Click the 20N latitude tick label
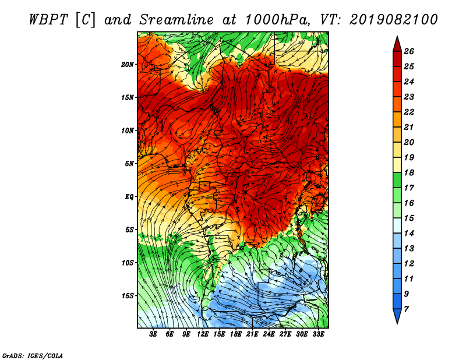coord(128,65)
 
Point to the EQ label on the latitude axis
coord(129,197)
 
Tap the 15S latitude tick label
coord(128,296)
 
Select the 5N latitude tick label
coord(129,164)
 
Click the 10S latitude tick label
coord(128,263)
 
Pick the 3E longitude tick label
coord(153,334)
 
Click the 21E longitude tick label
coord(252,334)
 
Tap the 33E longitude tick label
coord(318,334)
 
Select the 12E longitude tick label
coord(203,334)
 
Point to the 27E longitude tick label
coord(285,334)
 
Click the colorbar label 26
coord(409,51)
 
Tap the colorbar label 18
coord(409,172)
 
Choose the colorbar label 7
coord(406,309)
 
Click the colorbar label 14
coord(409,234)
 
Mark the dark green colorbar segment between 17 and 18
coord(397,180)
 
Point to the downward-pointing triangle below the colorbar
coord(397,315)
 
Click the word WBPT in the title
coord(49,20)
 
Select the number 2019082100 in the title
coord(394,20)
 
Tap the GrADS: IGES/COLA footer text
coord(33,356)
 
